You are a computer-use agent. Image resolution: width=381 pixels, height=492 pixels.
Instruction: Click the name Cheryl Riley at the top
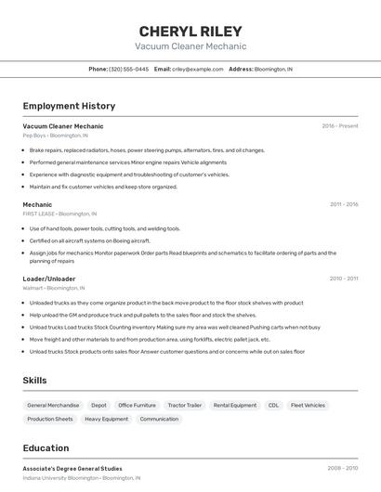pyautogui.click(x=190, y=31)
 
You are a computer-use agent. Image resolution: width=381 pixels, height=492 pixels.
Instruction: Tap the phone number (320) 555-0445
pyautogui.click(x=128, y=69)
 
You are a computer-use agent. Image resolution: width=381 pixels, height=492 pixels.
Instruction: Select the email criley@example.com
pyautogui.click(x=197, y=69)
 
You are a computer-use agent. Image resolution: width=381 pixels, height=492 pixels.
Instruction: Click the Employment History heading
pyautogui.click(x=69, y=106)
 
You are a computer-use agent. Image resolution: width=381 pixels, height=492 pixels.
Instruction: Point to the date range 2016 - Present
pyautogui.click(x=340, y=125)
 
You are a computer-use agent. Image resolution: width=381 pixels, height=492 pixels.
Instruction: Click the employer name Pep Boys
pyautogui.click(x=35, y=135)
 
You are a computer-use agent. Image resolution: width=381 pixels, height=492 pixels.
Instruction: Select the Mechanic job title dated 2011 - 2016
pyautogui.click(x=37, y=204)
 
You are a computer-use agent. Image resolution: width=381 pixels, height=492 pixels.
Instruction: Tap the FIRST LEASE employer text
pyautogui.click(x=40, y=214)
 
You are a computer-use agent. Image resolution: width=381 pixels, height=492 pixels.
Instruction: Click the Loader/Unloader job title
pyautogui.click(x=49, y=278)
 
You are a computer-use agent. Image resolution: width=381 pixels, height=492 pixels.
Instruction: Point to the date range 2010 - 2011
pyautogui.click(x=344, y=278)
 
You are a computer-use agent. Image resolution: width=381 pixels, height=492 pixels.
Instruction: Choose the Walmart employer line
pyautogui.click(x=34, y=288)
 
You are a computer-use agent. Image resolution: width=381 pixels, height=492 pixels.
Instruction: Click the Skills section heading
pyautogui.click(x=35, y=381)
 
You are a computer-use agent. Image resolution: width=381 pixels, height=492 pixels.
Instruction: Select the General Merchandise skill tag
pyautogui.click(x=53, y=406)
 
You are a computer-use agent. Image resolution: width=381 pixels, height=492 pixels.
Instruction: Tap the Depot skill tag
pyautogui.click(x=99, y=406)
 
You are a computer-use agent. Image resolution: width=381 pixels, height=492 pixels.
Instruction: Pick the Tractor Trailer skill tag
pyautogui.click(x=184, y=406)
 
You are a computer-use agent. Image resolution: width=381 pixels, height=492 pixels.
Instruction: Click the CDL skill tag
pyautogui.click(x=273, y=406)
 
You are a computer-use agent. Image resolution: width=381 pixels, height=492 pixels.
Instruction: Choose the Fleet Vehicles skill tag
pyautogui.click(x=308, y=406)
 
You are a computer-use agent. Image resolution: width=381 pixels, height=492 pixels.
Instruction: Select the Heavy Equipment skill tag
pyautogui.click(x=106, y=419)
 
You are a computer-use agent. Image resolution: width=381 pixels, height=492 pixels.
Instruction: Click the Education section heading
pyautogui.click(x=46, y=447)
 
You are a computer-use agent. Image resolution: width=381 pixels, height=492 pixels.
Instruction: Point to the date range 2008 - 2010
pyautogui.click(x=343, y=468)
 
